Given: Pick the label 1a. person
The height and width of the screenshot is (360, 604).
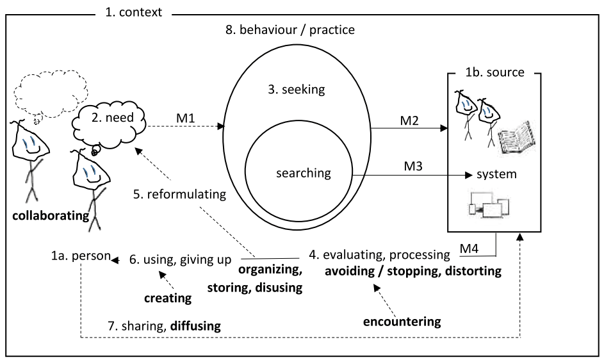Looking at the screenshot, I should click(x=78, y=258).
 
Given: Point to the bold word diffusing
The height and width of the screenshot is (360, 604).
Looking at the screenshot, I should click(x=195, y=326).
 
